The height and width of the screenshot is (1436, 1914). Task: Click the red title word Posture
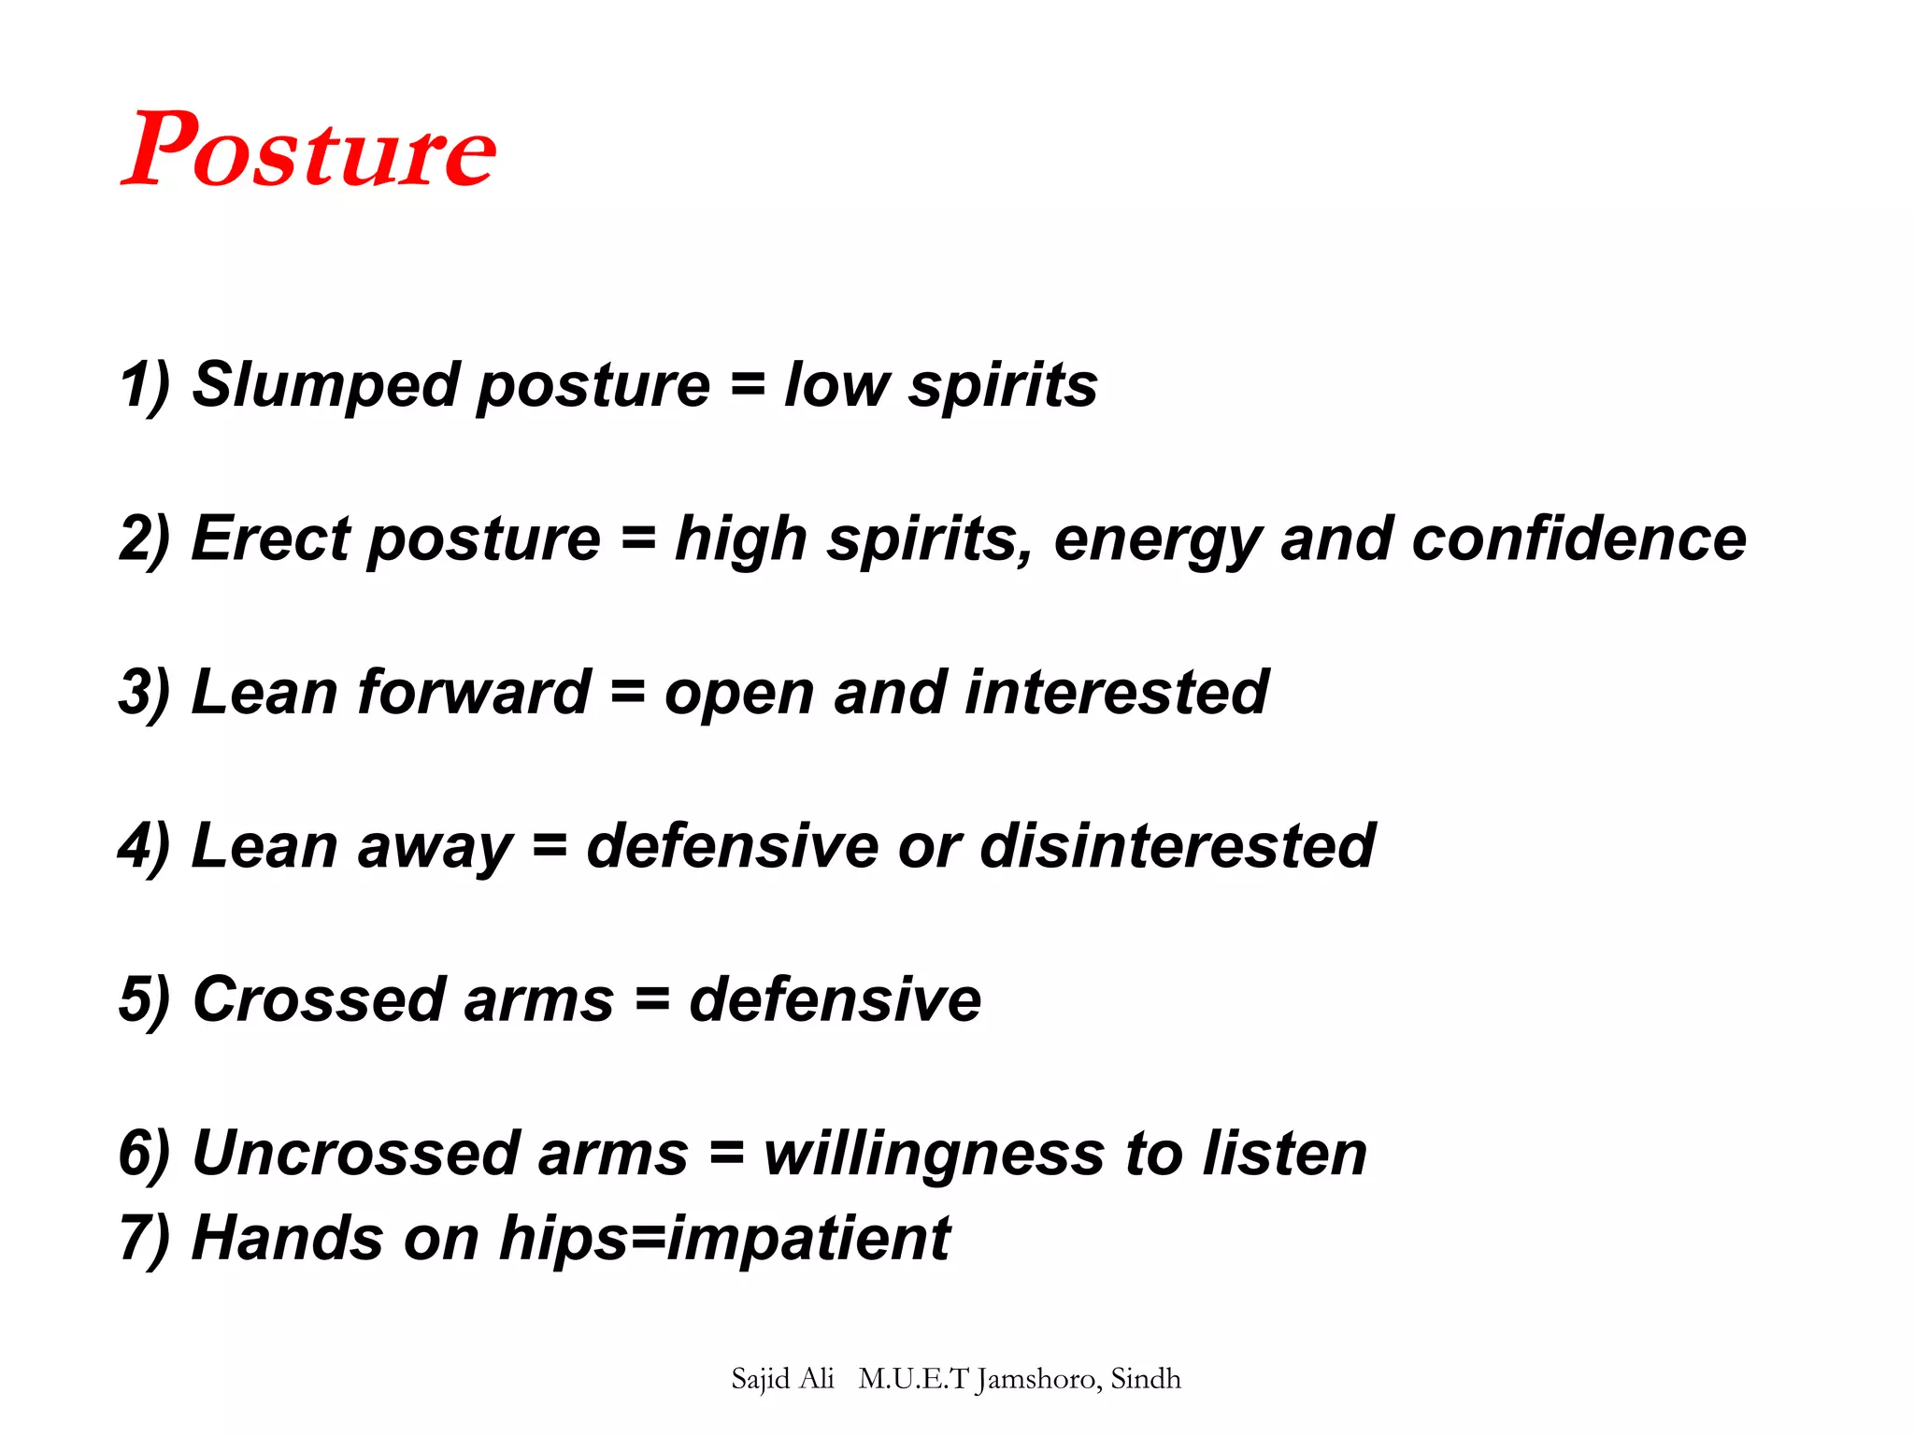click(308, 150)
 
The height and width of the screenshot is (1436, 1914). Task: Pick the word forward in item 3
click(474, 692)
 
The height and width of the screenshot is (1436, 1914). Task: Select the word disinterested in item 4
click(1177, 845)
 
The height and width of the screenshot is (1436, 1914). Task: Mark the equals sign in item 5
click(652, 1000)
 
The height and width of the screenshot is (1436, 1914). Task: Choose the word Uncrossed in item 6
click(355, 1153)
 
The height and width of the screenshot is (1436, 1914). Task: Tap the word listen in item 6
click(1284, 1153)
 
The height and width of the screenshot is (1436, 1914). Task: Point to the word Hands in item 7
click(288, 1238)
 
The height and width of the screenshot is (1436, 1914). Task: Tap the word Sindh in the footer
click(1146, 1379)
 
